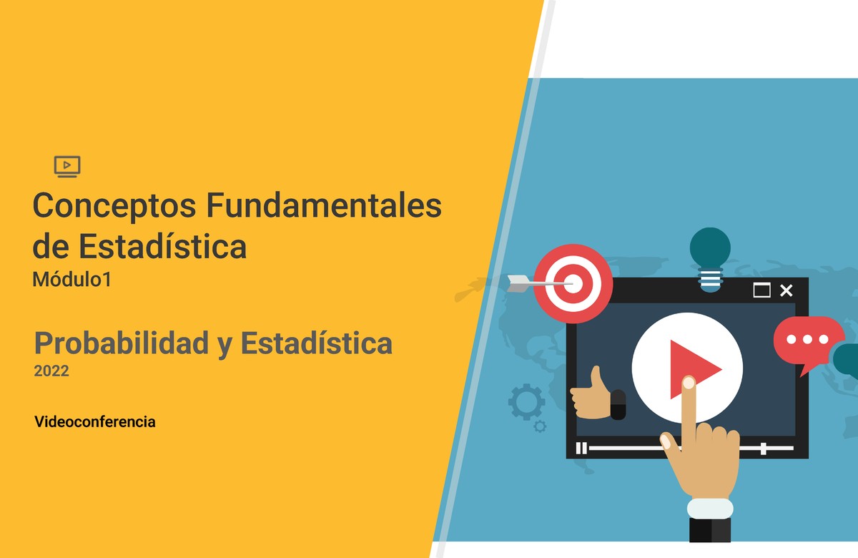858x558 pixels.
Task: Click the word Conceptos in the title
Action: (x=115, y=207)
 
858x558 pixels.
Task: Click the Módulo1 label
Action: (x=71, y=280)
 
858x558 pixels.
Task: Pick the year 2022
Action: (x=51, y=371)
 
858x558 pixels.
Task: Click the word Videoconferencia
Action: (x=94, y=421)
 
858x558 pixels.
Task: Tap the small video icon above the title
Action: (x=67, y=166)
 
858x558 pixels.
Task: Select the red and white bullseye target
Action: (x=574, y=284)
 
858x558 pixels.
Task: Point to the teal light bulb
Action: (x=710, y=258)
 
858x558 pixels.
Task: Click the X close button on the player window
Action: (x=786, y=290)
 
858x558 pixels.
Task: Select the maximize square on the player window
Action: (x=762, y=290)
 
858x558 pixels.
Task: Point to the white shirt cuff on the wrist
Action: (x=710, y=509)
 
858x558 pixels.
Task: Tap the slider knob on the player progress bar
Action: (x=764, y=449)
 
